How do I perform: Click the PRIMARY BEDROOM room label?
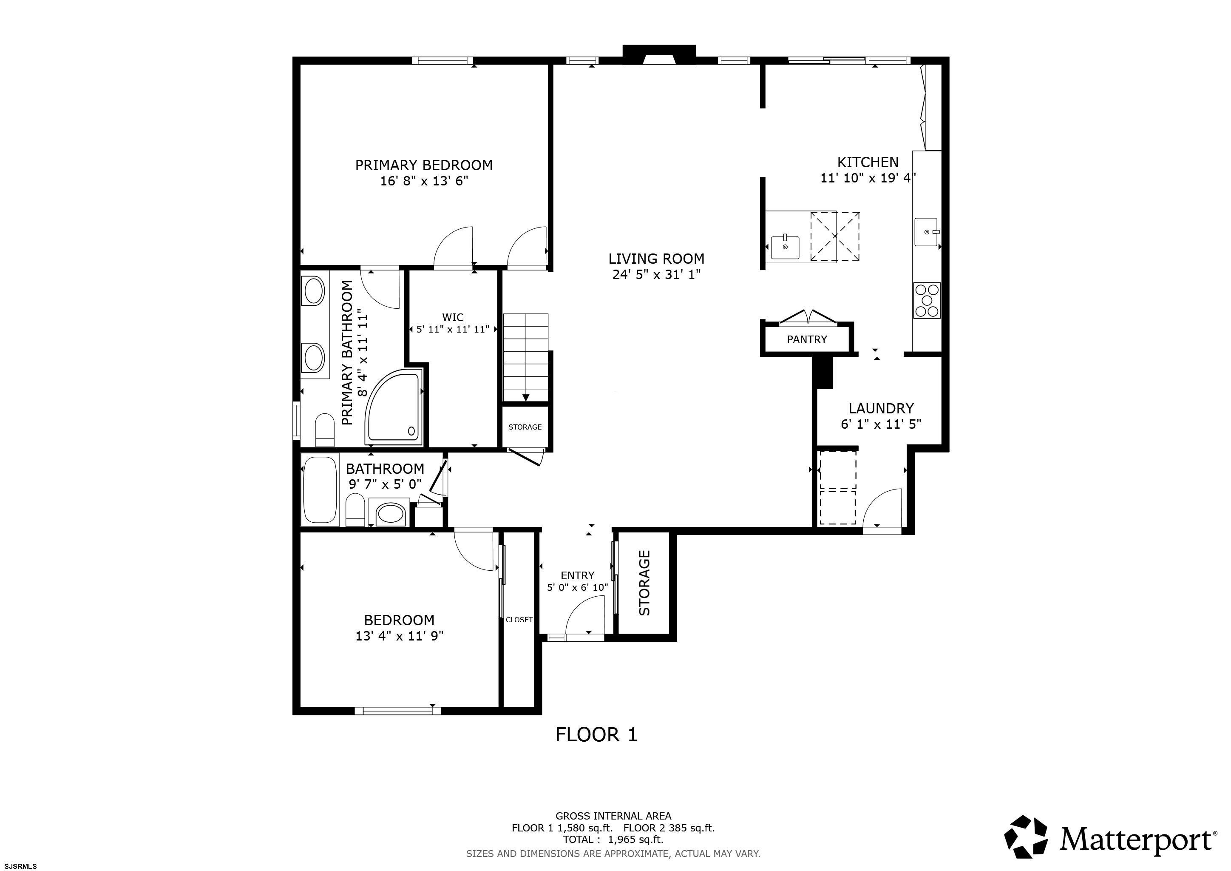423,165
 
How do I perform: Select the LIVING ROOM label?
656,259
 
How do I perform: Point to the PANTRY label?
806,339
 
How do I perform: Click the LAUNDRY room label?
881,408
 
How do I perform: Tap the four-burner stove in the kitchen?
927,300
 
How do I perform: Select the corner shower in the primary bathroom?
394,407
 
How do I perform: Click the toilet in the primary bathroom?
325,430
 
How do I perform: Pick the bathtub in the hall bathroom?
321,489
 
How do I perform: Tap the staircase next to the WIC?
525,357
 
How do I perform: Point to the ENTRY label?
577,575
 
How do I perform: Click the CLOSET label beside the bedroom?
519,620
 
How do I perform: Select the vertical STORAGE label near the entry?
644,583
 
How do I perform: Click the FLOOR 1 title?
596,734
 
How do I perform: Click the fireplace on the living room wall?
659,55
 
